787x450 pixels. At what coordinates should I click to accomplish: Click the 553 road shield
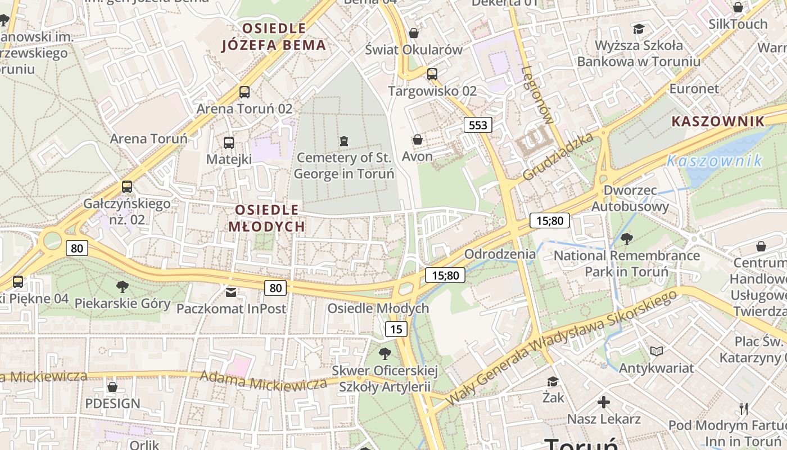(478, 125)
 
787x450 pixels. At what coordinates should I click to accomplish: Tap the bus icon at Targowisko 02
(432, 74)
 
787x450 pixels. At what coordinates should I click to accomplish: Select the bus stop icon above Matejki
(228, 142)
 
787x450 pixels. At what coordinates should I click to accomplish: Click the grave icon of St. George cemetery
(344, 140)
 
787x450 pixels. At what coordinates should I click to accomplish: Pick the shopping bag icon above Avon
(417, 139)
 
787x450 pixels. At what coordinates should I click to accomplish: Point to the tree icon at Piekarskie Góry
(122, 287)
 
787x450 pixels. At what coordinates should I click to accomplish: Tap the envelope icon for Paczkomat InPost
(231, 291)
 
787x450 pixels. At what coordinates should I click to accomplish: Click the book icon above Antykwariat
(657, 352)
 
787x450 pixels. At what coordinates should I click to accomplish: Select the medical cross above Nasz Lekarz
(604, 402)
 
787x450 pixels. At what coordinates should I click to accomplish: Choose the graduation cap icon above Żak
(553, 381)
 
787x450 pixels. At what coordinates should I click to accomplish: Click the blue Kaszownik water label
(714, 161)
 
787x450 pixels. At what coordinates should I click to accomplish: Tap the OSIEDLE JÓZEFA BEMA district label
(274, 37)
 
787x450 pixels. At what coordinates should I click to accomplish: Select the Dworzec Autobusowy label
(630, 198)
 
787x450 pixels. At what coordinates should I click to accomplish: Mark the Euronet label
(694, 88)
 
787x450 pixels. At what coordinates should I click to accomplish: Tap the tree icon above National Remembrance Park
(627, 239)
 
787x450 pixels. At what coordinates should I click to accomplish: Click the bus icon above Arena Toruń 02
(245, 92)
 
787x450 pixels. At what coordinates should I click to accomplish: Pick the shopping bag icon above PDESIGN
(112, 387)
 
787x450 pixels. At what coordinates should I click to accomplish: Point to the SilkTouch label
(738, 24)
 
